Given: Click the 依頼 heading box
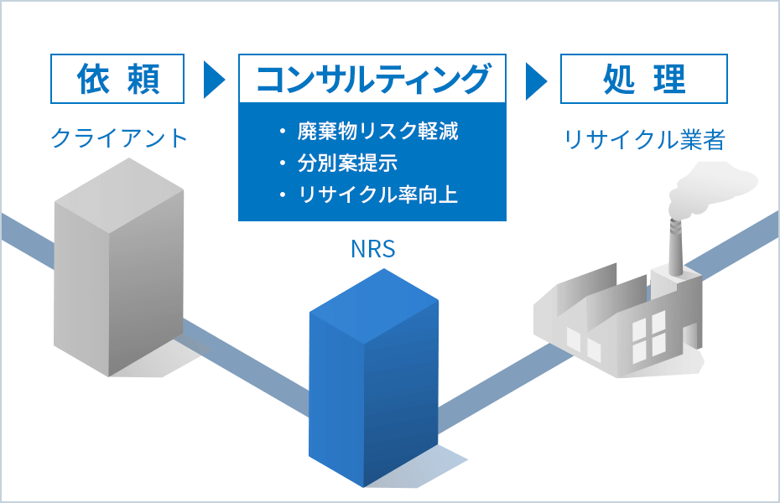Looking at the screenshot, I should (x=117, y=79).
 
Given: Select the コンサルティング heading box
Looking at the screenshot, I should (x=372, y=79).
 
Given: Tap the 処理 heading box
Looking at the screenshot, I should (x=644, y=79).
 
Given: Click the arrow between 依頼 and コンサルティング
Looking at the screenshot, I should (x=214, y=80).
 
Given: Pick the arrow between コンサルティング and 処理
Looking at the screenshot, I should (x=535, y=80).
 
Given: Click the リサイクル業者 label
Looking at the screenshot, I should (x=644, y=139).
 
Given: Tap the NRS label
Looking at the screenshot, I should (x=372, y=249).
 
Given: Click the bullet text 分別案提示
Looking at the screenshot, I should (x=347, y=163).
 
